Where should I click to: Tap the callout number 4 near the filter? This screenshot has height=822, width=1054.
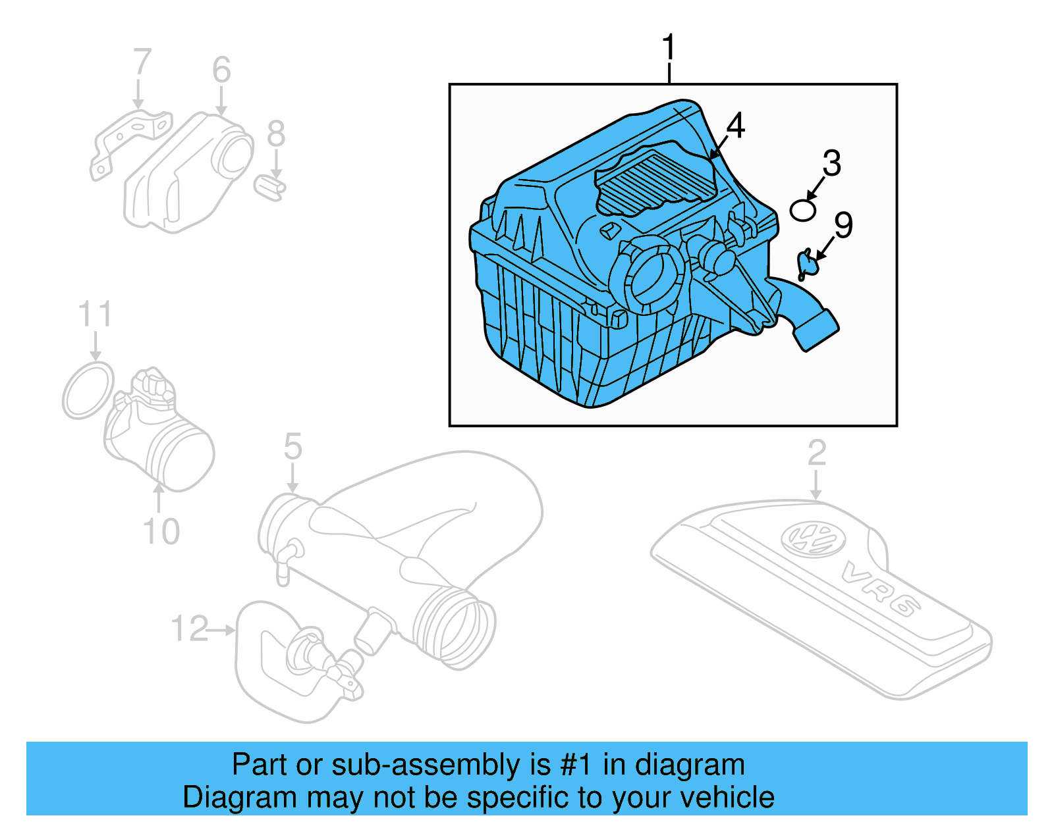pos(735,125)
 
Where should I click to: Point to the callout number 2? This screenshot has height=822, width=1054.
pos(816,453)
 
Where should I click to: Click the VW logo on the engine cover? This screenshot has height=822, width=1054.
pos(813,538)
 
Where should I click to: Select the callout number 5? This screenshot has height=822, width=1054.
pos(292,447)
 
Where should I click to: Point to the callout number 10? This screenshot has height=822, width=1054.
pos(161,531)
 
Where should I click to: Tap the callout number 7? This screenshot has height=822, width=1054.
pos(142,62)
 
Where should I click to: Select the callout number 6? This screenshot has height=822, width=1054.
pos(221,69)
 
